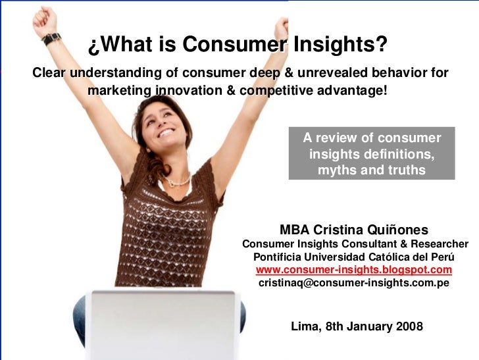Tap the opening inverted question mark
(x=93, y=45)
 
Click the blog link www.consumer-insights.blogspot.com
(x=353, y=270)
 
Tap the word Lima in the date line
(x=305, y=326)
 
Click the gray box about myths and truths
(x=372, y=153)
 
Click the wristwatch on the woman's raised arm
(x=51, y=38)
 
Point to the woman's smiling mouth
(x=164, y=132)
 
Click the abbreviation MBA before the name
(x=294, y=230)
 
